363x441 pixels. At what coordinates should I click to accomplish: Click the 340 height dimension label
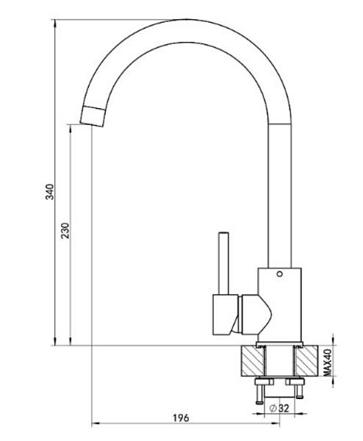point(49,192)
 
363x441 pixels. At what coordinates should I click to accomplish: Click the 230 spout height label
point(65,231)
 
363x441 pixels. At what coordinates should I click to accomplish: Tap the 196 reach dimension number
point(181,418)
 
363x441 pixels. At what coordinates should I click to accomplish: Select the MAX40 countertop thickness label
point(327,362)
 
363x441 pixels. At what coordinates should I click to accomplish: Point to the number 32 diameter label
point(284,408)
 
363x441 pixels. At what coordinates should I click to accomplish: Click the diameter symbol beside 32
point(273,408)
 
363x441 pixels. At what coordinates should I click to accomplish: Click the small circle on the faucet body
point(279,273)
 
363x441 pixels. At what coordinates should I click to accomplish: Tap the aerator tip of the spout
point(93,116)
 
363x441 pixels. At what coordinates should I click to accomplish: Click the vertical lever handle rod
point(224,264)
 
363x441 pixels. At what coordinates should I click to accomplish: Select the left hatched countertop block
point(253,361)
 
